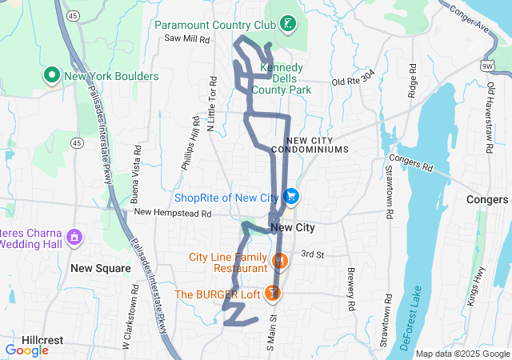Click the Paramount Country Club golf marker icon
(287, 26)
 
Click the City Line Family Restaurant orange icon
(279, 261)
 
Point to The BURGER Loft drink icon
(274, 294)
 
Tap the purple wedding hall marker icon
(74, 238)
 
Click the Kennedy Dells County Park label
(286, 79)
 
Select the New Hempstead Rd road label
(172, 214)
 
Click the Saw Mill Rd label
(186, 38)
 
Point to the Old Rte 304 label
(353, 81)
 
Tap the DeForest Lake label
(407, 317)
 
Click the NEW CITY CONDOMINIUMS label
(310, 145)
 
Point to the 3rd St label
(312, 254)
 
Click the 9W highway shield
(489, 66)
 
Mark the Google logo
(26, 350)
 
